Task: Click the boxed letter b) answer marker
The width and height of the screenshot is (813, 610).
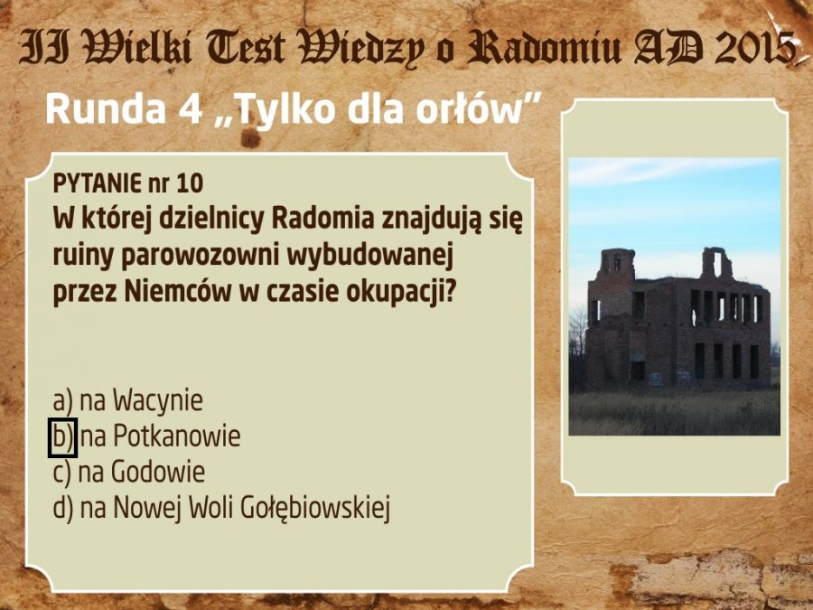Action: coord(62,437)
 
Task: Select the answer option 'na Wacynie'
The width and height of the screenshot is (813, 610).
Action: coord(127,400)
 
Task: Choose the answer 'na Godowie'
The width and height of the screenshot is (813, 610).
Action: coord(129,472)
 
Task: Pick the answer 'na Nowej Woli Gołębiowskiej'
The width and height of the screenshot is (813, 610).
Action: coord(221,507)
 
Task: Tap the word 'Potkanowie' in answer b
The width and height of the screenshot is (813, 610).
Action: coord(177,436)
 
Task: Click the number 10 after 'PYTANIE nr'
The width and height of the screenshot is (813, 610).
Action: coord(190,183)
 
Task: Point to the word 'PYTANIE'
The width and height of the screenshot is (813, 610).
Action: coord(97,183)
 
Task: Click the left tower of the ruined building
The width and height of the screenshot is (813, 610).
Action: coord(617,265)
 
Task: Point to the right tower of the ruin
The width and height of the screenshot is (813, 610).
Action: coord(716,264)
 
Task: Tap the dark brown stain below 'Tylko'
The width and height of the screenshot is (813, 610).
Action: coord(251,138)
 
